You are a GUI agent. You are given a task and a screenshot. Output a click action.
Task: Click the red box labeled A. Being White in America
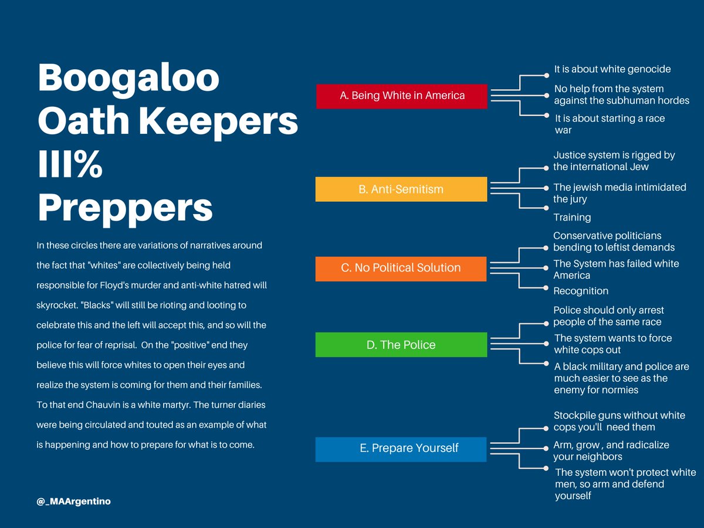click(401, 96)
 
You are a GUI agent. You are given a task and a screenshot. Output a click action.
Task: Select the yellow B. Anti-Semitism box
click(401, 189)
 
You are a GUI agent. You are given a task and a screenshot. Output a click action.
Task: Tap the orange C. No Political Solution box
click(401, 268)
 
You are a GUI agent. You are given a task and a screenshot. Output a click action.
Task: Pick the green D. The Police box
click(401, 345)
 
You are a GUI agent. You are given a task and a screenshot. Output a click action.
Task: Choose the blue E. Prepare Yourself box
click(401, 449)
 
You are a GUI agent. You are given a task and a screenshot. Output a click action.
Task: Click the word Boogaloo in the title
click(128, 79)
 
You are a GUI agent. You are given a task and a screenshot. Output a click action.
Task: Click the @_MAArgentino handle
click(73, 502)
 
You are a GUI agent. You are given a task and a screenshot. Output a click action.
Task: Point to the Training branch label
click(572, 218)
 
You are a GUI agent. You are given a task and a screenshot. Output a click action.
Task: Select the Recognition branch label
click(581, 291)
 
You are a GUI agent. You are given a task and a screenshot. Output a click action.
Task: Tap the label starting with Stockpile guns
click(619, 421)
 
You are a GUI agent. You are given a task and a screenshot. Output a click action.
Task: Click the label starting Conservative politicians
click(614, 241)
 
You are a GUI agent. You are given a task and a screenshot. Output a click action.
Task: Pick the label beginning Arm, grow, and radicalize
click(611, 451)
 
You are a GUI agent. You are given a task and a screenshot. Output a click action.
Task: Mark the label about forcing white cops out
click(613, 344)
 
